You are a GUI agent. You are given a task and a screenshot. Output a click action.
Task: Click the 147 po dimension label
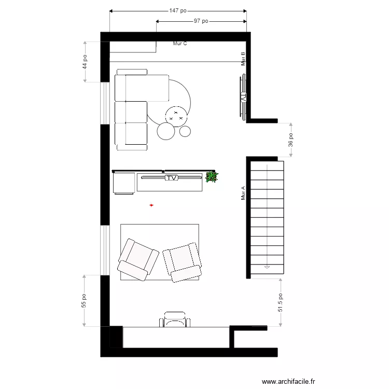[x=178, y=10]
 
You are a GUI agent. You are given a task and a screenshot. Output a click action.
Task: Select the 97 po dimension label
[x=201, y=21]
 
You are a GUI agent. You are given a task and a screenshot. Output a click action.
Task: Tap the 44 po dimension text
[x=85, y=62]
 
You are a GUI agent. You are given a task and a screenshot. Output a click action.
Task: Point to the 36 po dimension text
[x=291, y=140]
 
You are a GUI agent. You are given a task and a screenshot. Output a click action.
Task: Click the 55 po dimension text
[x=84, y=302]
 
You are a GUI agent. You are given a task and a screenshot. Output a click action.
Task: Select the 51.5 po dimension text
[x=281, y=302]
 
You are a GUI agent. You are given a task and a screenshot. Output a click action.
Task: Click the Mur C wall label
[x=180, y=44]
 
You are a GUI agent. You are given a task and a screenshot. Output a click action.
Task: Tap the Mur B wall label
[x=243, y=59]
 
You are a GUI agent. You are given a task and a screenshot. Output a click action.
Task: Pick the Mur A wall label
[x=243, y=193]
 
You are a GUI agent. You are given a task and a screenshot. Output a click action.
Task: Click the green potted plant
[x=211, y=177]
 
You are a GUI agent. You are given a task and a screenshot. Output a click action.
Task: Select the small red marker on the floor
[x=151, y=205]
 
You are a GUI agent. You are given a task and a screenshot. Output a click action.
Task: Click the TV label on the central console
[x=172, y=178]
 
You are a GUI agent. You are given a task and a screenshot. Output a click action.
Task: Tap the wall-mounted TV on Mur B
[x=243, y=97]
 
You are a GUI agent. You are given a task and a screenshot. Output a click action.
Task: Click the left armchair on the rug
[x=138, y=259]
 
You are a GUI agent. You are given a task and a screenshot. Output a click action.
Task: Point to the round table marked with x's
[x=176, y=115]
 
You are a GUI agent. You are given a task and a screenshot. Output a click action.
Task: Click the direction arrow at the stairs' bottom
[x=267, y=267]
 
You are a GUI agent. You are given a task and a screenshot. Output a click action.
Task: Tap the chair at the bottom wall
[x=174, y=319]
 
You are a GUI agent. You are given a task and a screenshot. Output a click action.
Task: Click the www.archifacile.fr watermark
[x=288, y=382]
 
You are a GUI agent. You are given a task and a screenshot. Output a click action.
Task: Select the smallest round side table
[x=185, y=131]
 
